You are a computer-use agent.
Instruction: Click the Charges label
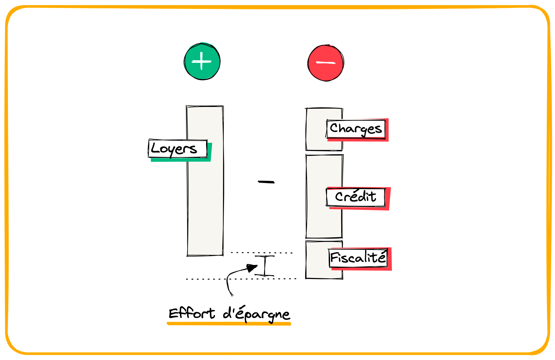point(356,129)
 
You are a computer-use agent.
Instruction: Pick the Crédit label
point(355,197)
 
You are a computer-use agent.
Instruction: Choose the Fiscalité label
point(358,258)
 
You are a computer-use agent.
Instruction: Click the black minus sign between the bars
point(266,182)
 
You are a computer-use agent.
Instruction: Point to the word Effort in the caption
point(191,313)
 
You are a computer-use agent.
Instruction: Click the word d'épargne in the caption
point(256,314)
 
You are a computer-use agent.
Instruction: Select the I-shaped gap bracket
point(265,266)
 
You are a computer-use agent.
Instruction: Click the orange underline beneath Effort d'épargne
point(229,324)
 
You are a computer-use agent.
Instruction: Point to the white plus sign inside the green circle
point(202,61)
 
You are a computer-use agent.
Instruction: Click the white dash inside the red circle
point(326,63)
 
